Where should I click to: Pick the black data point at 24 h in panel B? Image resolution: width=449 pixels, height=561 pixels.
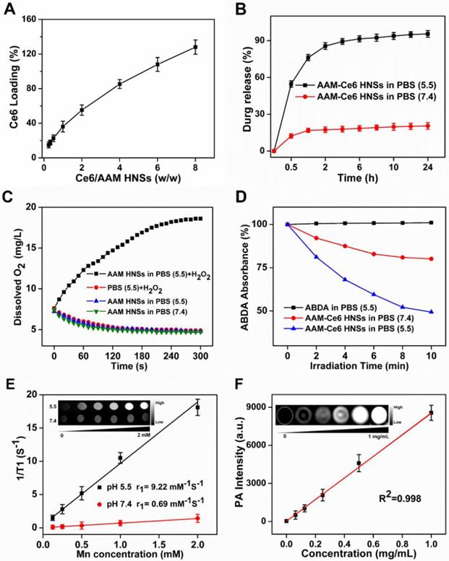pyautogui.click(x=427, y=34)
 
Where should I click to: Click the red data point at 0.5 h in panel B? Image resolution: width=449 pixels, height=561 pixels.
pyautogui.click(x=291, y=136)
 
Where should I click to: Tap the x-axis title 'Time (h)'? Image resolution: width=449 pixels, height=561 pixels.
pyautogui.click(x=351, y=176)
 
